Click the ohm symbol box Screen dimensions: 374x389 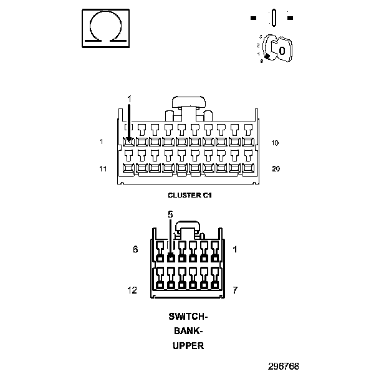(106, 27)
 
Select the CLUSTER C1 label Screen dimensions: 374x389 (190, 195)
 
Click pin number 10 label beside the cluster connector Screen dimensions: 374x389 (275, 143)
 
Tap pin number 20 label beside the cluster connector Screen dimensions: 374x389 (276, 168)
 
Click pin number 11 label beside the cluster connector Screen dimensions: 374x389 (102, 168)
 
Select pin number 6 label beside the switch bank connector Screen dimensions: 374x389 (135, 249)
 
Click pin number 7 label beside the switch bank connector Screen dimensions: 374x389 (235, 290)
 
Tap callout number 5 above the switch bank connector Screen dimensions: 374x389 (170, 214)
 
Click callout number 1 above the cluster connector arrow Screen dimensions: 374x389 (130, 99)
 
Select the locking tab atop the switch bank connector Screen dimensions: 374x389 (188, 226)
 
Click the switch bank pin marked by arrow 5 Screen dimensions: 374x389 (170, 257)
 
